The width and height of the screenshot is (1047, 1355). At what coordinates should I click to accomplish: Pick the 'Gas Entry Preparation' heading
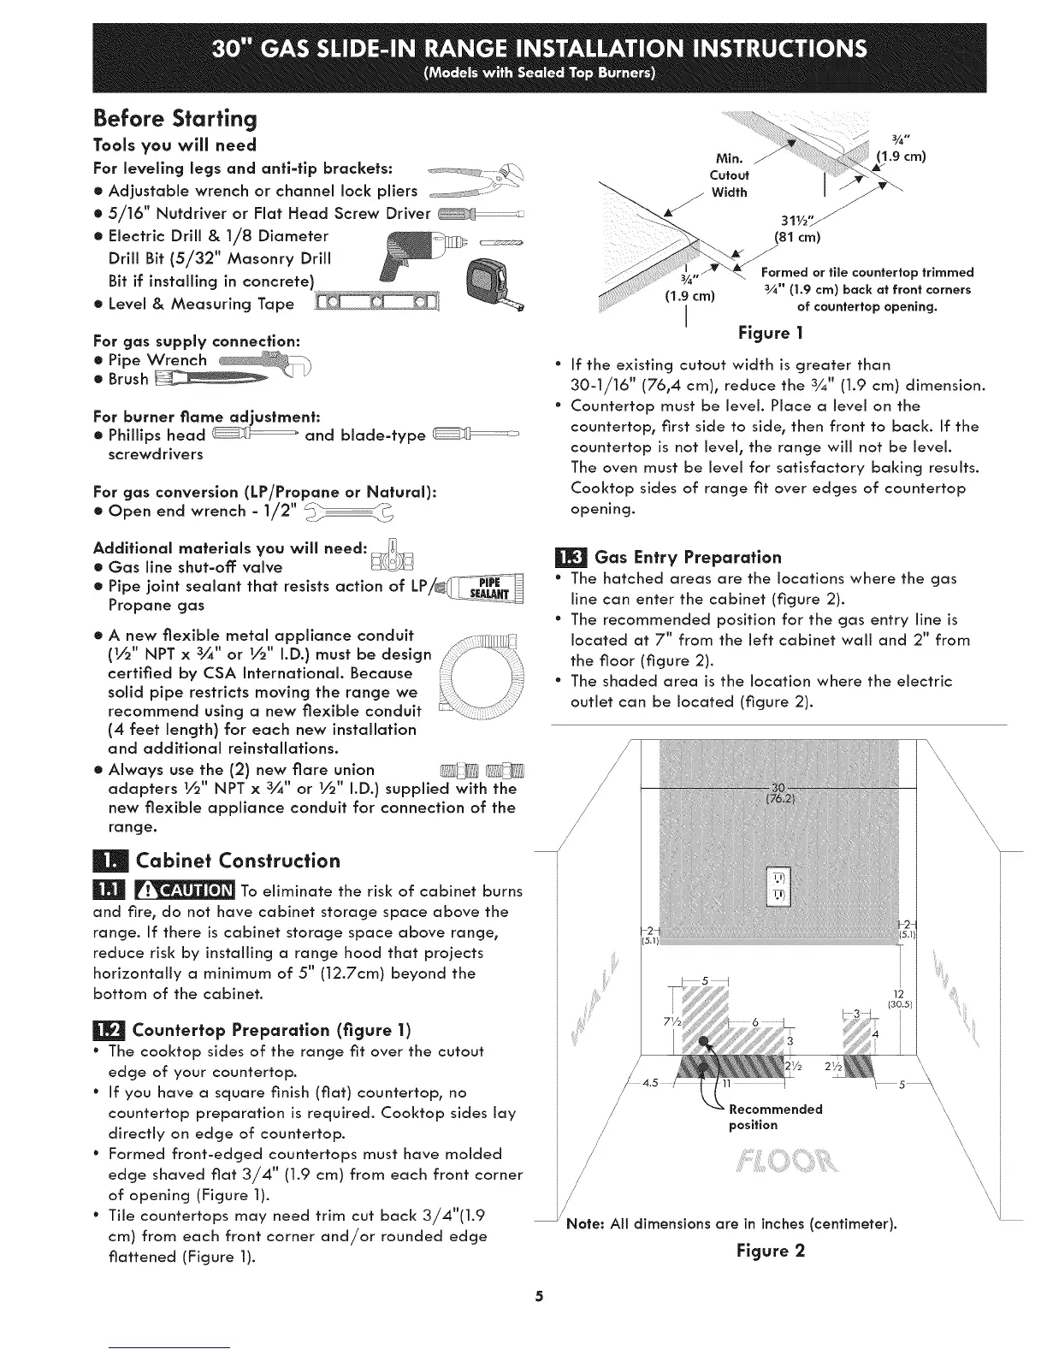pyautogui.click(x=688, y=558)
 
